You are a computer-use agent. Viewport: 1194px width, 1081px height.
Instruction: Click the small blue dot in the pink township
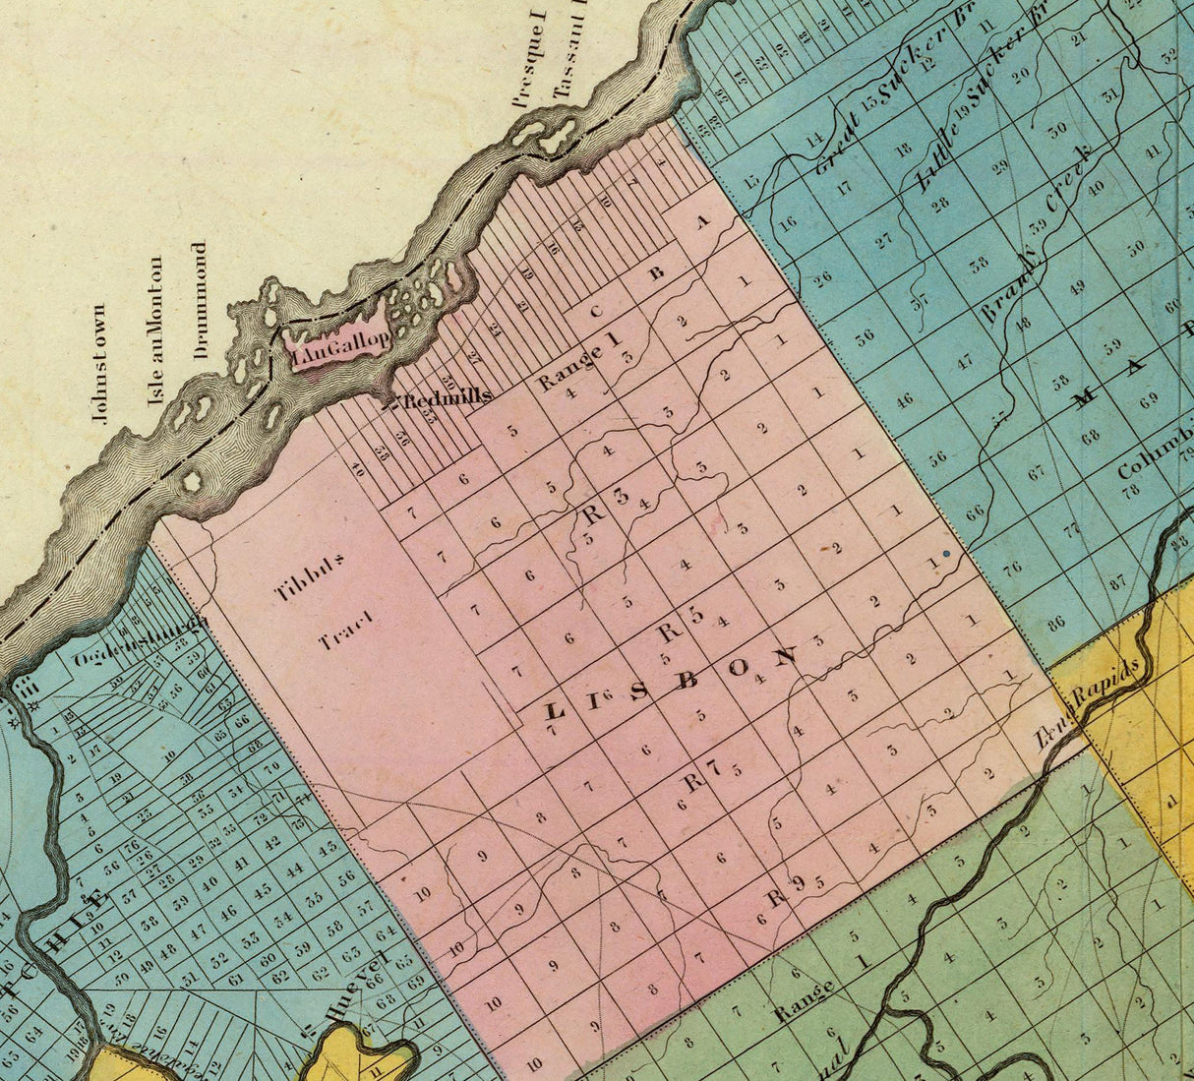pyautogui.click(x=946, y=555)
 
